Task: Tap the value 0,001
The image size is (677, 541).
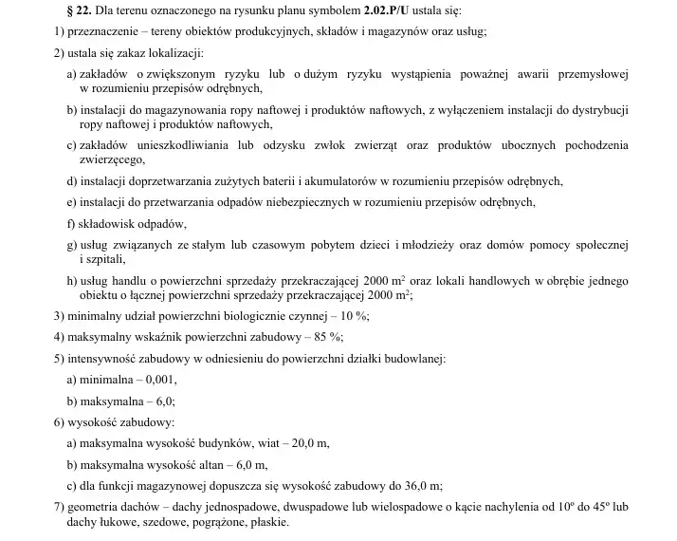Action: (x=156, y=380)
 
